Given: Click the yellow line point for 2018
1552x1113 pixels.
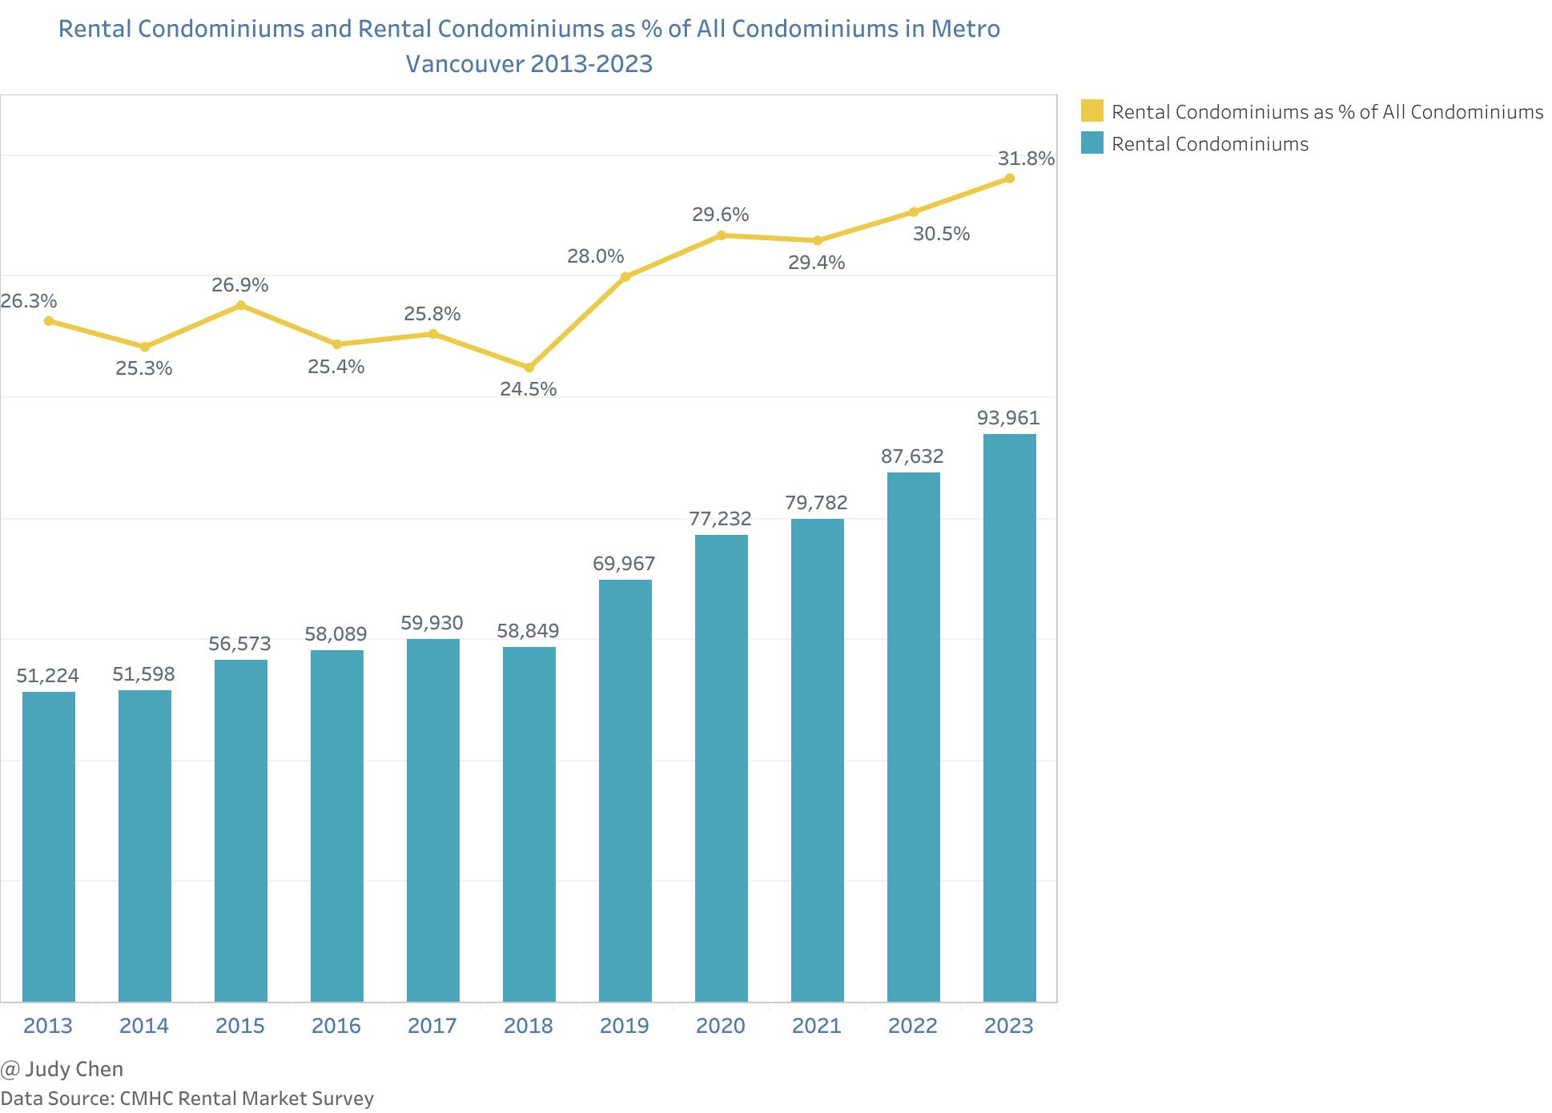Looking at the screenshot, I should click(529, 368).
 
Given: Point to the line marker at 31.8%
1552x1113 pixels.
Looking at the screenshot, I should click(1009, 179).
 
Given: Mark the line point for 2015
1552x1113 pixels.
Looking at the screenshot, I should click(240, 305).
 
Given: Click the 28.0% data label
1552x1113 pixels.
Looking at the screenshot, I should click(595, 256).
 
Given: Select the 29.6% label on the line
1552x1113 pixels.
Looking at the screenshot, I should click(720, 215).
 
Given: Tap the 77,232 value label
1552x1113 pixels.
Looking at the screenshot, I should click(720, 519).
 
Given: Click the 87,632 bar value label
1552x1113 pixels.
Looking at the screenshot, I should click(912, 456).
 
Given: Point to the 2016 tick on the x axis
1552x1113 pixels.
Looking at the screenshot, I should click(336, 1026).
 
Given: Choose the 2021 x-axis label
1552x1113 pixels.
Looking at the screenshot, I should click(817, 1026).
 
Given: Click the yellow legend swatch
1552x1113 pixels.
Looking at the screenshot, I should click(1092, 111).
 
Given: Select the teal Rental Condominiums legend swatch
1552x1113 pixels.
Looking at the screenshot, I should click(1092, 143).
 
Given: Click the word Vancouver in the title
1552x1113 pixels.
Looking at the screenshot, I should click(464, 64).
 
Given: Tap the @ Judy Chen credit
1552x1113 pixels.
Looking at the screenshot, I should click(62, 1069).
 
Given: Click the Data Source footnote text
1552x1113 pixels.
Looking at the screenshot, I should click(187, 1098).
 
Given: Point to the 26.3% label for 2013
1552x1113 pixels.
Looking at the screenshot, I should click(29, 301).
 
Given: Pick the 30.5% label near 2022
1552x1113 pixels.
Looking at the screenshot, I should click(941, 234).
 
